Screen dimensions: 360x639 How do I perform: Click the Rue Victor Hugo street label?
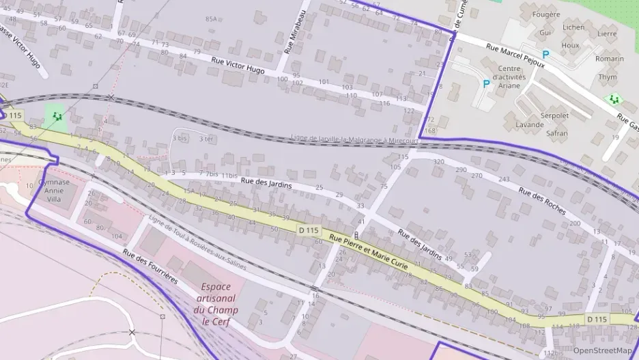pyautogui.click(x=238, y=66)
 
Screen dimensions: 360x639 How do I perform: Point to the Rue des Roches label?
pyautogui.click(x=542, y=200)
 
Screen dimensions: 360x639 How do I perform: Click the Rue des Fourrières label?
pyautogui.click(x=150, y=266)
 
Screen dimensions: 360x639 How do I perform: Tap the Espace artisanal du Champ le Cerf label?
pyautogui.click(x=216, y=304)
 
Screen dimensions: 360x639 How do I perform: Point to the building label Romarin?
pyautogui.click(x=609, y=59)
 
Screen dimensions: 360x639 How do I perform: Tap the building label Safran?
pyautogui.click(x=556, y=133)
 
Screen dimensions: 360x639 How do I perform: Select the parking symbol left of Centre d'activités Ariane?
pyautogui.click(x=486, y=84)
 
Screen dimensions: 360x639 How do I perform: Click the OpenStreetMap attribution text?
pyautogui.click(x=601, y=350)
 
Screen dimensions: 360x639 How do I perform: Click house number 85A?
pyautogui.click(x=211, y=19)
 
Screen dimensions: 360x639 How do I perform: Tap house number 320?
pyautogui.click(x=438, y=162)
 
